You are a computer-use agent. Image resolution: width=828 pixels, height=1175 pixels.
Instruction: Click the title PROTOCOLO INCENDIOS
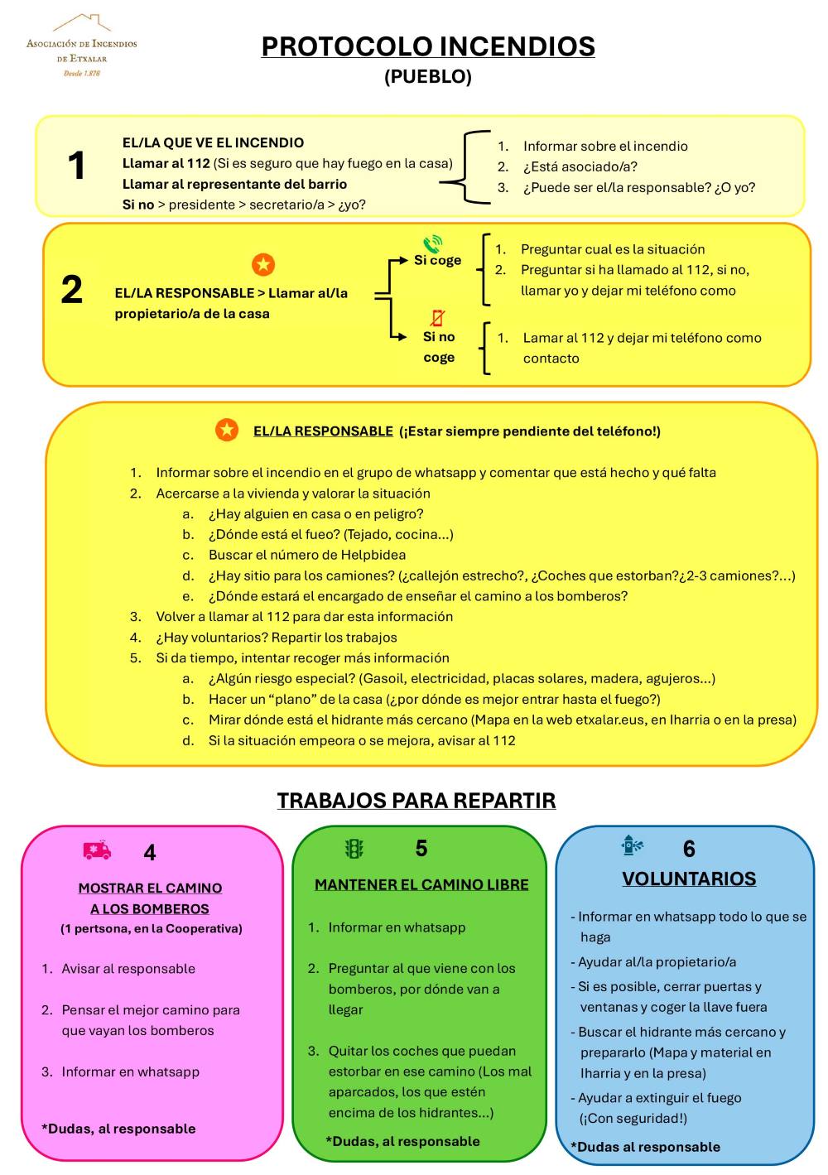click(428, 46)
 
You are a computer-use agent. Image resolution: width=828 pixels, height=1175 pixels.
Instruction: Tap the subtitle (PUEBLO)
click(428, 77)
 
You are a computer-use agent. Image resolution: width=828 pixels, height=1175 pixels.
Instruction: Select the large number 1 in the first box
click(76, 166)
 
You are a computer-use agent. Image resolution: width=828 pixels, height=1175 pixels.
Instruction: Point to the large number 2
click(72, 290)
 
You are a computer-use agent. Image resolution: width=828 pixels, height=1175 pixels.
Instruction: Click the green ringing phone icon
click(432, 243)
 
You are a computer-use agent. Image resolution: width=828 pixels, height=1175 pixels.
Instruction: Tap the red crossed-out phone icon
click(437, 318)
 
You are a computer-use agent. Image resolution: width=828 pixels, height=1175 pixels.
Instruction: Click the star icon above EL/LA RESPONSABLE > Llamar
click(263, 265)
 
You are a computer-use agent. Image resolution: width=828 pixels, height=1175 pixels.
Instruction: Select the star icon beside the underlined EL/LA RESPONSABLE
click(226, 430)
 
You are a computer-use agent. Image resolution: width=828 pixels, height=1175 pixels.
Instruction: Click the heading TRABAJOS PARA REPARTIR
click(416, 801)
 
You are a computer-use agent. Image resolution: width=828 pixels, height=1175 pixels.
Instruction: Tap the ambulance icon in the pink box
click(97, 850)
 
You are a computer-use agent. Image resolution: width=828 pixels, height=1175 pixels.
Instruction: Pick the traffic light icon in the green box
click(354, 849)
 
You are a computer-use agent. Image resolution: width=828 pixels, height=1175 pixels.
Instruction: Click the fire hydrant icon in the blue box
click(632, 845)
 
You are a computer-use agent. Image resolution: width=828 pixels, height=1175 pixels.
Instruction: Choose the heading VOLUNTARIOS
click(689, 879)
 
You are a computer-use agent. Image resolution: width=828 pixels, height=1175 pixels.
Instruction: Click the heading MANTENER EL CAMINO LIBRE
click(421, 884)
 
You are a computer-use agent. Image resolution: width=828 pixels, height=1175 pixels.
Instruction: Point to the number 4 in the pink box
click(150, 852)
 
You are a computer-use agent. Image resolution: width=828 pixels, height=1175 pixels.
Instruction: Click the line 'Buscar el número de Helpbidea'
click(306, 555)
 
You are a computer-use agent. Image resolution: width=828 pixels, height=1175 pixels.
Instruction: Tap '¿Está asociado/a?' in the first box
click(580, 166)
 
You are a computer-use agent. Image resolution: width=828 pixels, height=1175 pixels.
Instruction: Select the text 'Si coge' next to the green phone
click(437, 260)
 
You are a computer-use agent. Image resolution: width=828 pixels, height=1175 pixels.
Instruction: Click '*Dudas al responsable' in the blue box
click(645, 1147)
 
